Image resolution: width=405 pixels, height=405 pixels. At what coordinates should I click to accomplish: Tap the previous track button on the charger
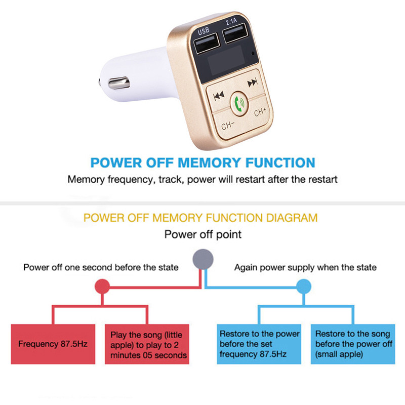219,95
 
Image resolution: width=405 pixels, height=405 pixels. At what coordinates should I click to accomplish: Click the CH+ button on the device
260,112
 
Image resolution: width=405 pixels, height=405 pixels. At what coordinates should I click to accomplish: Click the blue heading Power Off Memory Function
202,163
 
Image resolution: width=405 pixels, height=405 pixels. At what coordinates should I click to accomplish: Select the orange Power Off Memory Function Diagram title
200,218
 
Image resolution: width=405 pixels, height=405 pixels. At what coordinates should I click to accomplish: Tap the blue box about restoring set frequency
259,344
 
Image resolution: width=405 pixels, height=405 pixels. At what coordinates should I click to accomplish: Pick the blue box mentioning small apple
352,344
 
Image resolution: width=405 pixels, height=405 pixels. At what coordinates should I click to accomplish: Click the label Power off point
203,234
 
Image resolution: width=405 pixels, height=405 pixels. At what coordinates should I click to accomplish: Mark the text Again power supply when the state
305,267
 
